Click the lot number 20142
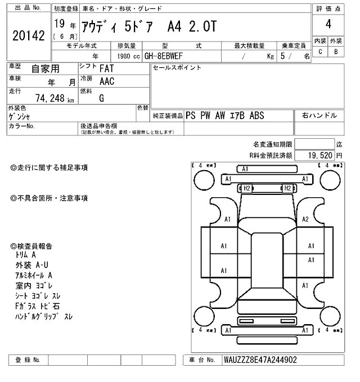[28, 35]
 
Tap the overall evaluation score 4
[327, 25]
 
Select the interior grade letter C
[320, 52]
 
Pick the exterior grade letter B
[336, 52]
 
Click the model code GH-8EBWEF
[168, 56]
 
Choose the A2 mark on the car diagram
[305, 219]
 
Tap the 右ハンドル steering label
[319, 116]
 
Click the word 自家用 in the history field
[46, 69]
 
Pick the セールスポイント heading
[177, 67]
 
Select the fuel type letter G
[101, 98]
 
